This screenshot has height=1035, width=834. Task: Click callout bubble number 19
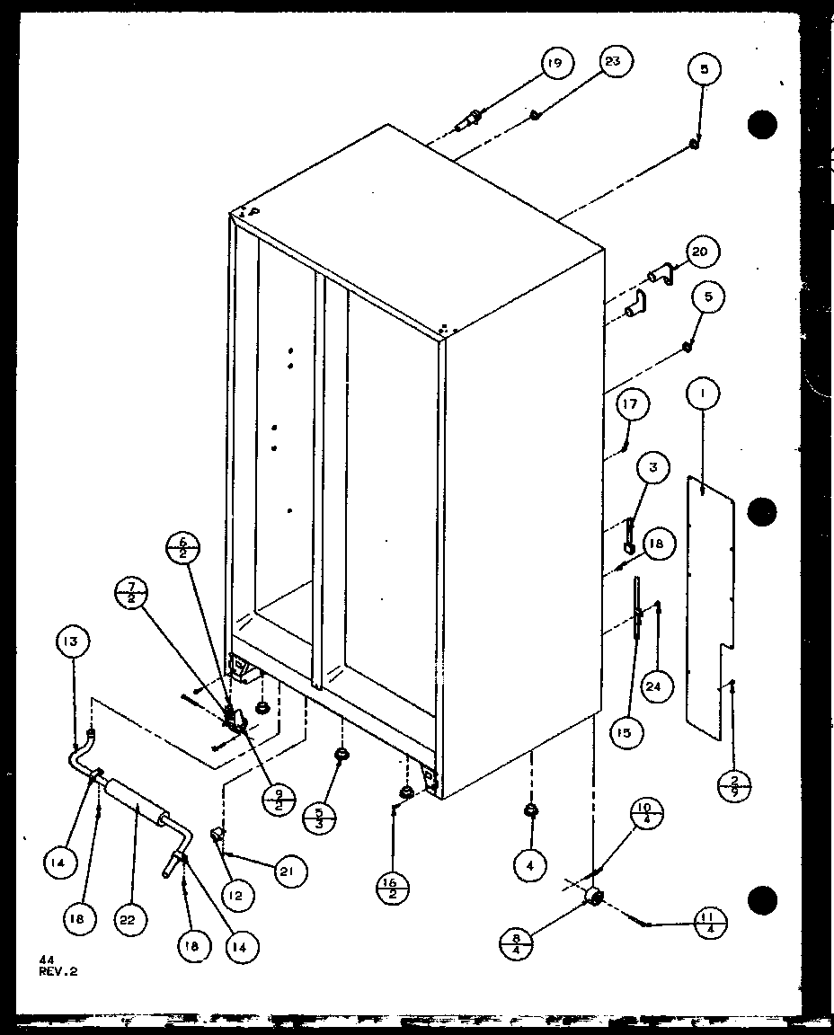point(556,63)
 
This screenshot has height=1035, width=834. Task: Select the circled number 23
point(616,61)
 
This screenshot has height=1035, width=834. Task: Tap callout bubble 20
point(701,252)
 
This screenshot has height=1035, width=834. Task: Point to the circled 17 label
point(632,405)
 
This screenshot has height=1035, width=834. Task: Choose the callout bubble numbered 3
point(653,467)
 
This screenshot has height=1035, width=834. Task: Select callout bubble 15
point(625,732)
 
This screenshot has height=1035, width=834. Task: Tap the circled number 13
point(71,641)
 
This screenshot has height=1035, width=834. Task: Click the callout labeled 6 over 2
point(184,549)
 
